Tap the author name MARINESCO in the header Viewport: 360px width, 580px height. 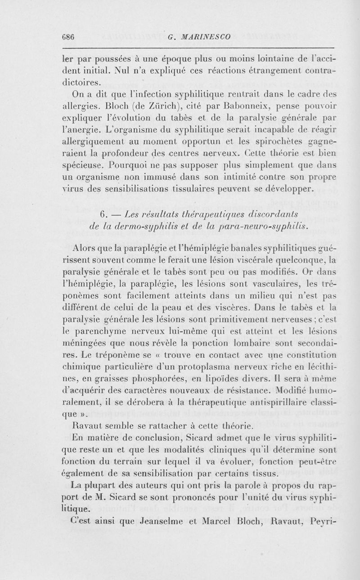tap(205, 37)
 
